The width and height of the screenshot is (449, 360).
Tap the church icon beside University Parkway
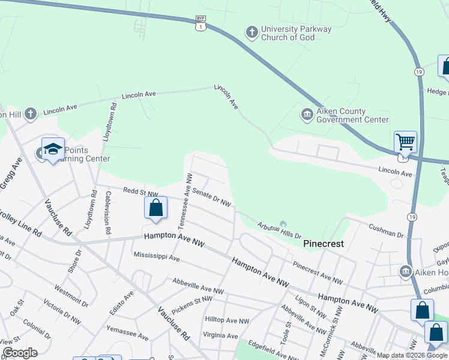click(252, 31)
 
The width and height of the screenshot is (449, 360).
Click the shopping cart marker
click(405, 143)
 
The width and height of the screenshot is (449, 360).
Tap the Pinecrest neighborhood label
click(323, 244)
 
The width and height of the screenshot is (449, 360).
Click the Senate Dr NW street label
click(211, 198)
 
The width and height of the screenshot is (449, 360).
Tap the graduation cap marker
click(53, 149)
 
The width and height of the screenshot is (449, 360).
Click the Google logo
click(20, 353)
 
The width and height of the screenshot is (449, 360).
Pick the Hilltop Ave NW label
click(227, 321)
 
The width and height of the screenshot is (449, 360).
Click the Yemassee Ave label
click(127, 333)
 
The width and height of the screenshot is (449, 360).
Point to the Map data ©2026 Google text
click(411, 355)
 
